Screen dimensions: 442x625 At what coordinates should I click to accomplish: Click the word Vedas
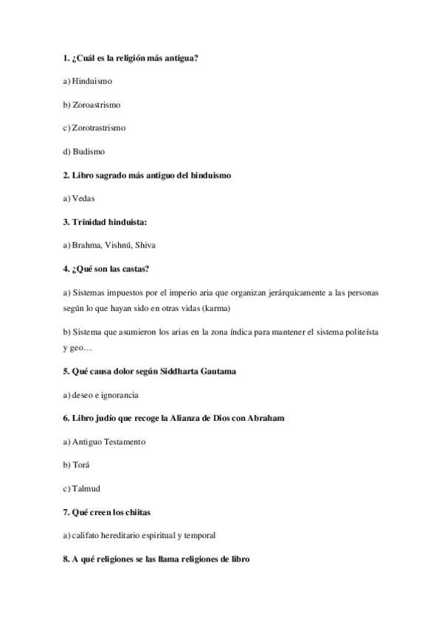(83, 198)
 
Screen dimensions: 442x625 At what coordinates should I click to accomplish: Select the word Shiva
(145, 245)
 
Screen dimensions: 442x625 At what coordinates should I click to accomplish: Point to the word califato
(86, 535)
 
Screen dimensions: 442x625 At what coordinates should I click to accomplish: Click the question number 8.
(66, 559)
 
